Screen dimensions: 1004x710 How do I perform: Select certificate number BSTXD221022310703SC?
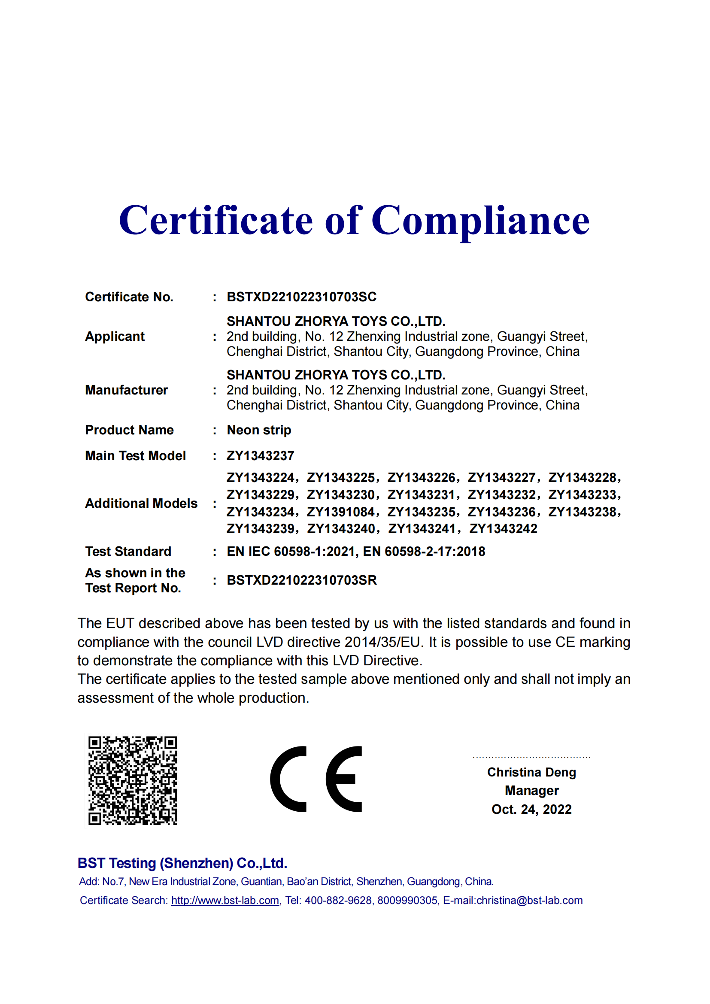click(301, 297)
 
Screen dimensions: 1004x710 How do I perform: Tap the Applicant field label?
click(115, 336)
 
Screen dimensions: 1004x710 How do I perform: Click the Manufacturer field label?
click(126, 390)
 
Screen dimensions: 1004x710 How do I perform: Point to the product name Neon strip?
click(259, 430)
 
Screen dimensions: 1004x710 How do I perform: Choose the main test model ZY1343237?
click(260, 456)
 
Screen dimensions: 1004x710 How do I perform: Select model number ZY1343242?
click(503, 529)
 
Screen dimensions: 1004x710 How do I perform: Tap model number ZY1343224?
click(260, 477)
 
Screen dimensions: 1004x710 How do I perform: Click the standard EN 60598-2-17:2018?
click(424, 552)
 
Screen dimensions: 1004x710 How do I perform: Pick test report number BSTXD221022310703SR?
click(301, 580)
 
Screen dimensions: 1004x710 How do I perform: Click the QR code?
click(133, 780)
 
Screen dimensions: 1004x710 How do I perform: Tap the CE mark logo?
click(316, 779)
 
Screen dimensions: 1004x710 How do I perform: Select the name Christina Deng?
click(531, 772)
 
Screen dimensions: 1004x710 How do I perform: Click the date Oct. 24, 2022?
click(531, 810)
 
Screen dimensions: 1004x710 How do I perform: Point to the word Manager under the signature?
click(531, 791)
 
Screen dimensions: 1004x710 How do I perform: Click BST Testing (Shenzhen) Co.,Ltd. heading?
click(182, 863)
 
